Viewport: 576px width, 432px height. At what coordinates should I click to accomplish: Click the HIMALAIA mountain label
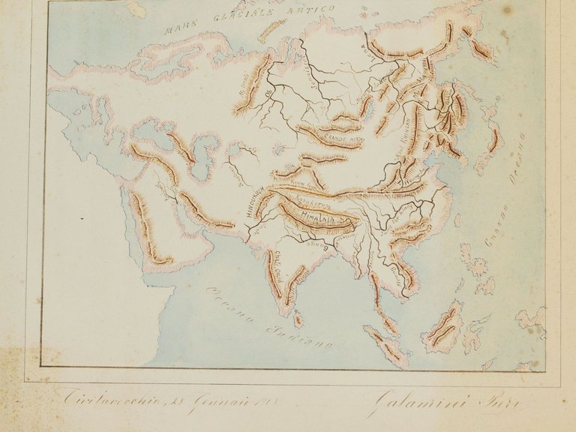(316, 217)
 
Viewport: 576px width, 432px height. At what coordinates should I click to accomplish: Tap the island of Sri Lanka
(298, 320)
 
